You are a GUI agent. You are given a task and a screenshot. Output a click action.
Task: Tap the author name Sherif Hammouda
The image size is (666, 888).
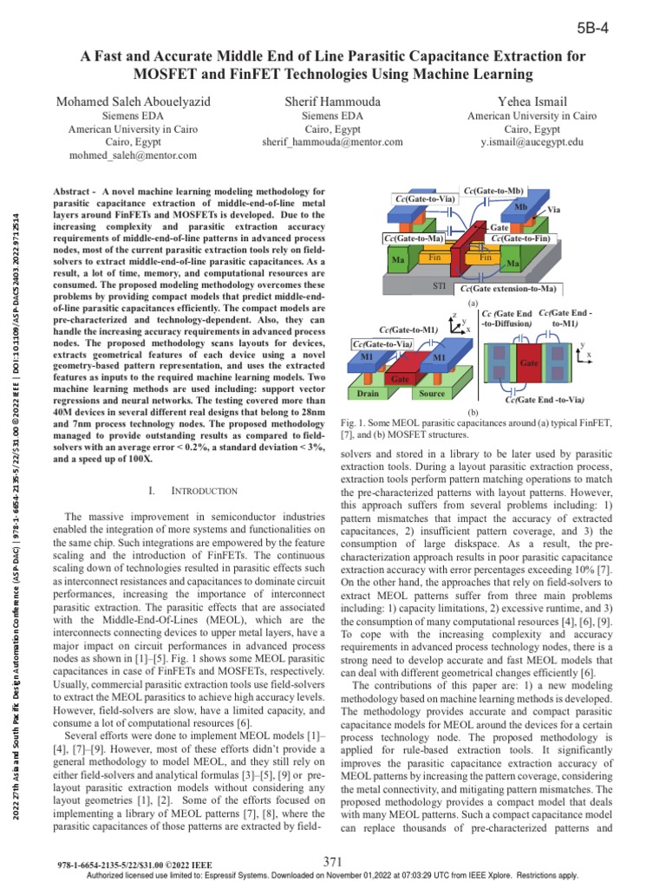(332, 101)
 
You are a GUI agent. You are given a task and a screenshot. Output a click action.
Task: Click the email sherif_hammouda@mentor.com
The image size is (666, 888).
(332, 141)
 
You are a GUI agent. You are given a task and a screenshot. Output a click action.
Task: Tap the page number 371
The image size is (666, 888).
(334, 861)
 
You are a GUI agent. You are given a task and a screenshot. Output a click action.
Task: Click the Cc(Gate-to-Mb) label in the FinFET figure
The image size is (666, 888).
(493, 189)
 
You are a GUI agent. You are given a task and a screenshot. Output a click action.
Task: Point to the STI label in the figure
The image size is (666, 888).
(440, 285)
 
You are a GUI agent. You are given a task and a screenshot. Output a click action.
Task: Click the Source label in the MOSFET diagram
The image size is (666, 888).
(431, 394)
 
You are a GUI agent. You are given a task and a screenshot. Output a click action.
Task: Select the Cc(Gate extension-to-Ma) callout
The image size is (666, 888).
(509, 288)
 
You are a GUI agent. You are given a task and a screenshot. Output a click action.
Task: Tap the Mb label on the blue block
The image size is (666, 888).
(520, 208)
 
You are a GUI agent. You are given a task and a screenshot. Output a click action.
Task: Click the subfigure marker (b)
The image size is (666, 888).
(473, 412)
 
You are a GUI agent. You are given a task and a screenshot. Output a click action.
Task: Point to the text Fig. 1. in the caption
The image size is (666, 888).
(349, 422)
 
